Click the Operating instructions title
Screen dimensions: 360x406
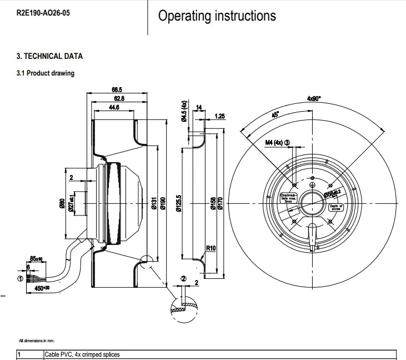tap(217, 16)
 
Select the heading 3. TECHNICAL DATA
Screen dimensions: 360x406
tap(49, 56)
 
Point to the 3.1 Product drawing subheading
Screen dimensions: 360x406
tap(45, 73)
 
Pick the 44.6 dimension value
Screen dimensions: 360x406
tap(114, 107)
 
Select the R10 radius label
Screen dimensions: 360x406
tap(211, 248)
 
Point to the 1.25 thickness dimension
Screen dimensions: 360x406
tap(219, 116)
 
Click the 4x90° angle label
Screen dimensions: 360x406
tap(314, 98)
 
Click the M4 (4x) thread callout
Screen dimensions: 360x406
tap(277, 143)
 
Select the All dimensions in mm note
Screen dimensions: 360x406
tap(36, 340)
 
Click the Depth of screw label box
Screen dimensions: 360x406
tap(336, 207)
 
